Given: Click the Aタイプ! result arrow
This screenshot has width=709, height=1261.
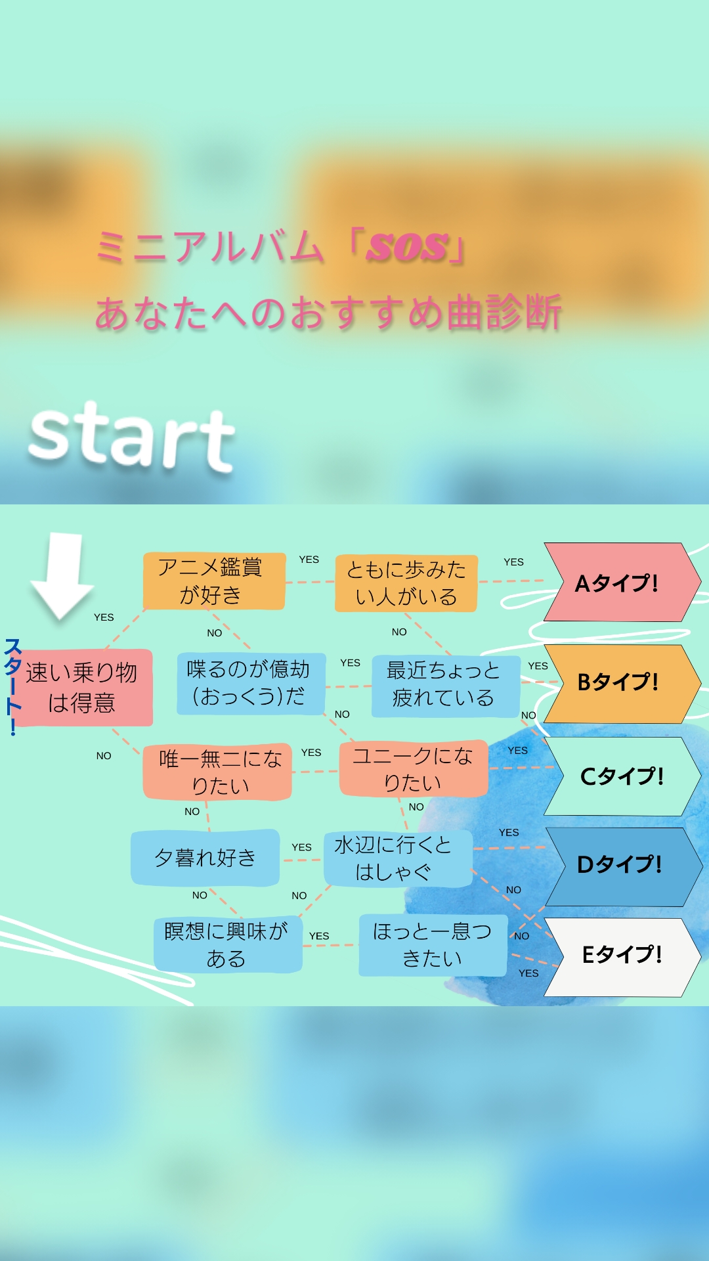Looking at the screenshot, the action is [x=617, y=583].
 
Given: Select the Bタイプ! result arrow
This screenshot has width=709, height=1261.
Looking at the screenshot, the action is [x=617, y=683].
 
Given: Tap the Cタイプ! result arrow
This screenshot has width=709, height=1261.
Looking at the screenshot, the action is [x=620, y=776].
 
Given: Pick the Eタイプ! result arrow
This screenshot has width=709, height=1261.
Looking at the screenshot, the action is [x=620, y=956].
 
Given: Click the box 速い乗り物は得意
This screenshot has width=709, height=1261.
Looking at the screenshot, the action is [x=83, y=688].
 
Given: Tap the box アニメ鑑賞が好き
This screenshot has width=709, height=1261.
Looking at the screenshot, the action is [x=214, y=581].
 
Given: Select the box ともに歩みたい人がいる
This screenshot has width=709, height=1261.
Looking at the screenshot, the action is [x=406, y=583].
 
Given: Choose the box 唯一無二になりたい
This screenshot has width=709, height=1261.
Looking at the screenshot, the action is [x=218, y=772].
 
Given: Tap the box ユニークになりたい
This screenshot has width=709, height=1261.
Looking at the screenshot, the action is [x=413, y=769].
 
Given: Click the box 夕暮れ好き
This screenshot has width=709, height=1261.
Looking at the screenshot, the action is [x=205, y=858].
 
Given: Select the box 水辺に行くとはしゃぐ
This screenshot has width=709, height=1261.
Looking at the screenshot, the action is [x=397, y=858].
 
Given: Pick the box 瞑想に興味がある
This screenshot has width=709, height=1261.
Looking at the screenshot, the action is [x=227, y=944].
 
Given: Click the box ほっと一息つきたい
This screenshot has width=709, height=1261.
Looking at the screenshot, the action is [x=432, y=945].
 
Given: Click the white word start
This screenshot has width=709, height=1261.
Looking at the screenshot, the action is [x=132, y=436].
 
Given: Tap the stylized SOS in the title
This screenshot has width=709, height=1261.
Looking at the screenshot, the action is [x=408, y=247].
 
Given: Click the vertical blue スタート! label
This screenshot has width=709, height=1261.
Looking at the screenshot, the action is [x=12, y=686].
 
